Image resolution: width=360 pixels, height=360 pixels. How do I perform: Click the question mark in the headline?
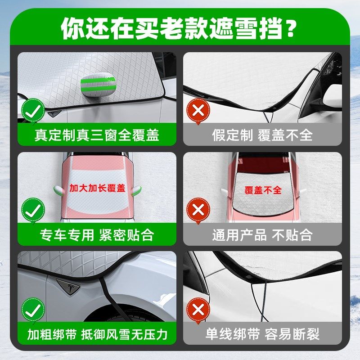(x=291, y=29)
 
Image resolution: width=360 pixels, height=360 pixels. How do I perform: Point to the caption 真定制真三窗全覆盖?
(x=97, y=135)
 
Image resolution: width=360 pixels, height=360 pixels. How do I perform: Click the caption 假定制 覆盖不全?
(x=262, y=135)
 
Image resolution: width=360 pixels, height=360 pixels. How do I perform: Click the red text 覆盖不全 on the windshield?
(x=263, y=190)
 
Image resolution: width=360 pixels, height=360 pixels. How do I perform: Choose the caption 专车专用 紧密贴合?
(x=97, y=234)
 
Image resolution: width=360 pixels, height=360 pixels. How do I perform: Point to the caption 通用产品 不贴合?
(x=262, y=234)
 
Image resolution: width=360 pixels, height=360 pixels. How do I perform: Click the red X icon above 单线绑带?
(x=198, y=309)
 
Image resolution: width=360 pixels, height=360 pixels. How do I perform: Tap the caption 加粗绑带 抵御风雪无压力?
(x=97, y=334)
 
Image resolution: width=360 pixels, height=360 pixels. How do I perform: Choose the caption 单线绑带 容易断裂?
(x=262, y=334)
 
